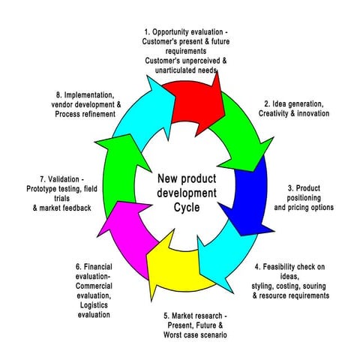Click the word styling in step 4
coord(268,286)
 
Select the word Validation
coord(61,180)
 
